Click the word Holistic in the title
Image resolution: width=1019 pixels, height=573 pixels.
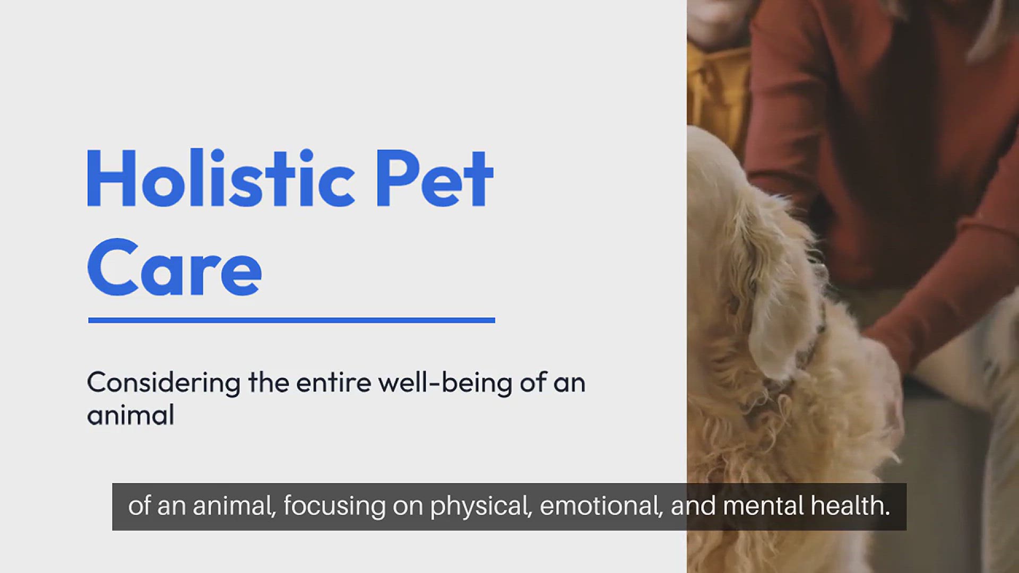pyautogui.click(x=221, y=178)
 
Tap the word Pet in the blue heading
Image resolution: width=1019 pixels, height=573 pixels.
pyautogui.click(x=435, y=178)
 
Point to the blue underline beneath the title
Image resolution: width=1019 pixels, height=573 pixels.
pyautogui.click(x=291, y=320)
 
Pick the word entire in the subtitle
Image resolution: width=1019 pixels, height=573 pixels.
pyautogui.click(x=333, y=383)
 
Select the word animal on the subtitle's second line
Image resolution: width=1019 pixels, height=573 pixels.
pyautogui.click(x=131, y=415)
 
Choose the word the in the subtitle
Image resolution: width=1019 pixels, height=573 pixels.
pyautogui.click(x=269, y=383)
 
